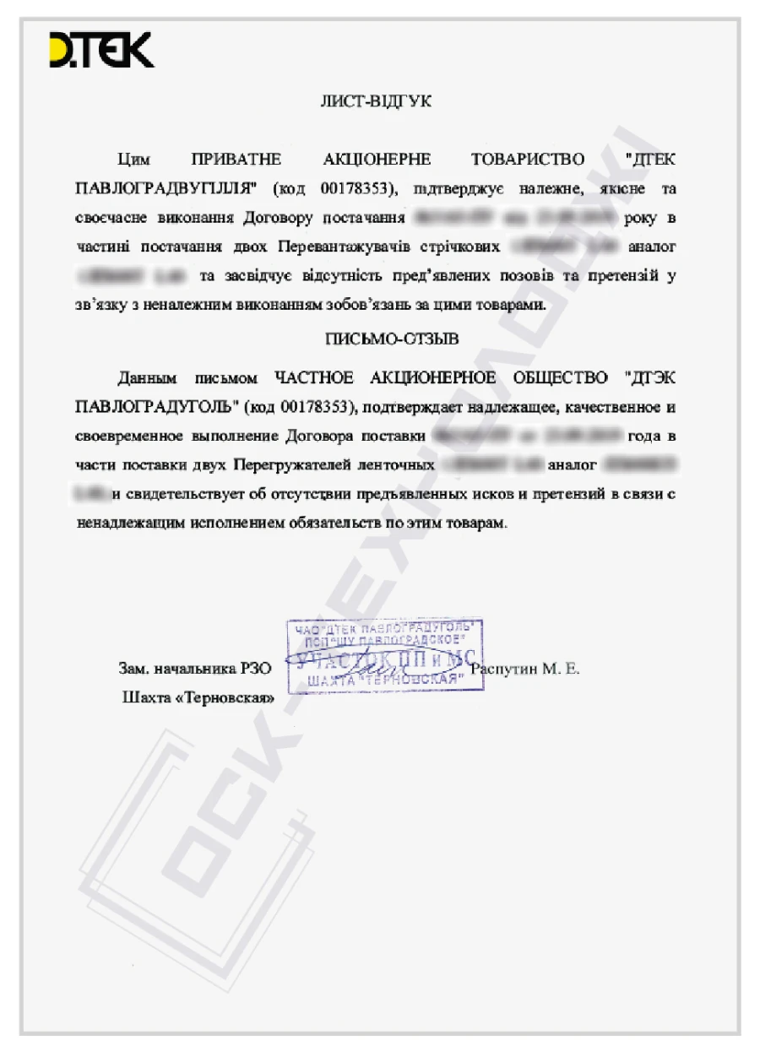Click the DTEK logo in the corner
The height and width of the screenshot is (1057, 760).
tap(101, 50)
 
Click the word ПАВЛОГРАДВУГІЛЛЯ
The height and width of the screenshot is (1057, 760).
tap(165, 187)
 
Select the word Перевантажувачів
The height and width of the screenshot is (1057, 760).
tap(351, 247)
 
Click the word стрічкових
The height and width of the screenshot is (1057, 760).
tap(460, 247)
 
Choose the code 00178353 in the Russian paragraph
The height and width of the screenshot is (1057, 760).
tap(310, 409)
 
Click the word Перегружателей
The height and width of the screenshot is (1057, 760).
tap(285, 465)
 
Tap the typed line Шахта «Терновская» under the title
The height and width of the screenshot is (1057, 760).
tap(198, 698)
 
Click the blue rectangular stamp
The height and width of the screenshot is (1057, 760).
tap(384, 655)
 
